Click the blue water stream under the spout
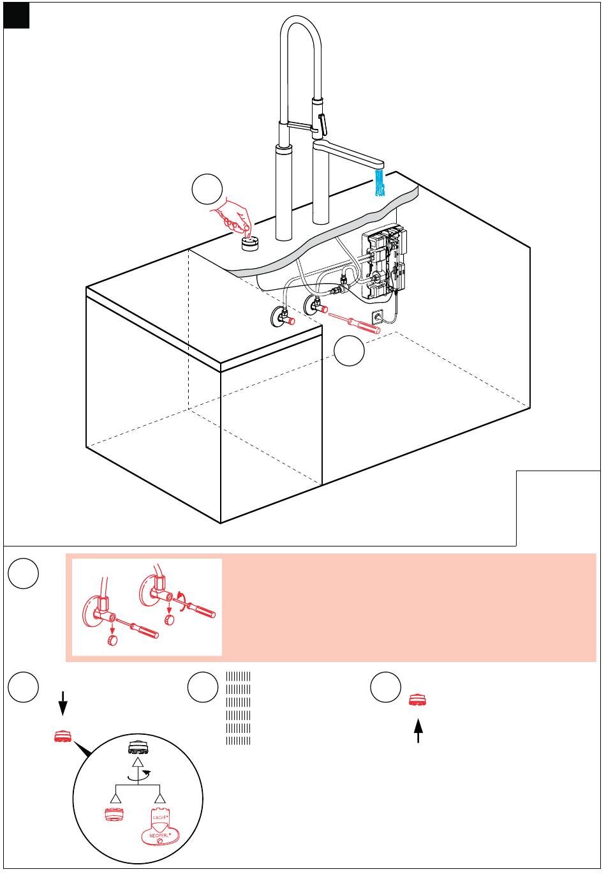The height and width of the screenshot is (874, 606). (x=381, y=182)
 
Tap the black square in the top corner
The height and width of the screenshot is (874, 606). (x=17, y=16)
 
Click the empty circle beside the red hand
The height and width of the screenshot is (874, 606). (x=207, y=189)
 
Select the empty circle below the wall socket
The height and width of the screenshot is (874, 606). (x=349, y=351)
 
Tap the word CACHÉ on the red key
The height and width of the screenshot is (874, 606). (x=159, y=817)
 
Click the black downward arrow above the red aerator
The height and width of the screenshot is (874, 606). (x=63, y=705)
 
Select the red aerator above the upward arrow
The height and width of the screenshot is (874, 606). (x=418, y=700)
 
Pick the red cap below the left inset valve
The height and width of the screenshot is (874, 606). (x=112, y=640)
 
